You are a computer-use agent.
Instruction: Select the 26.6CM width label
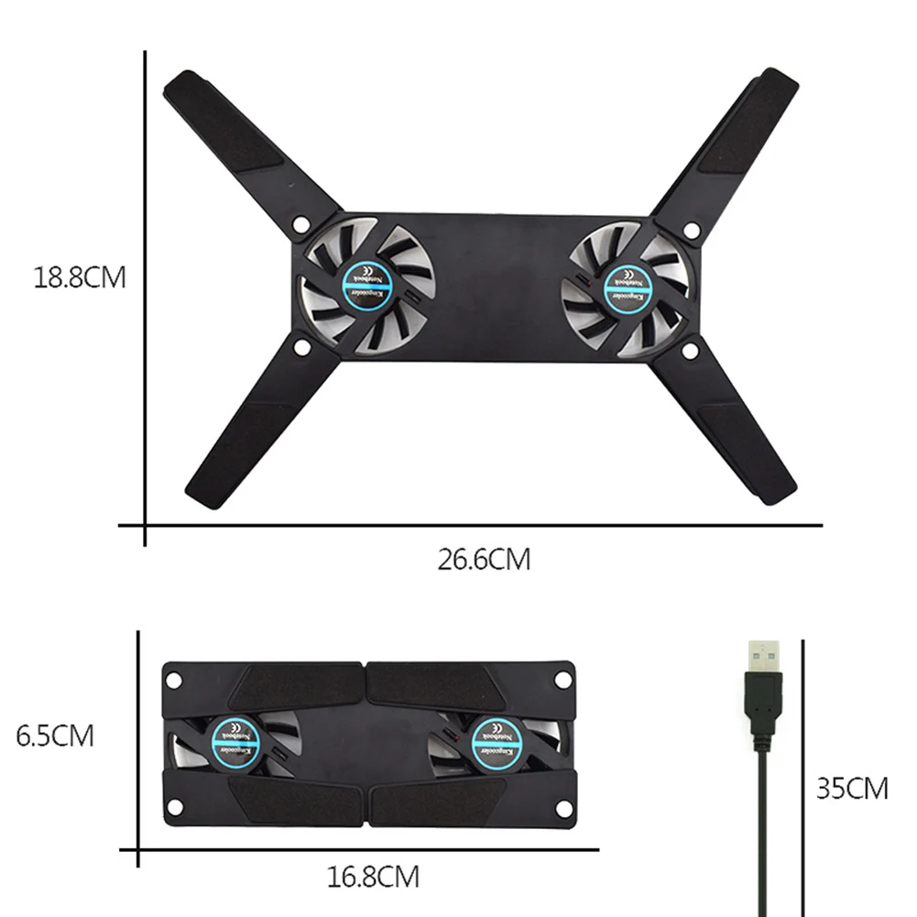(x=483, y=559)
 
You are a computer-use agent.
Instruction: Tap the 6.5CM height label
(x=55, y=736)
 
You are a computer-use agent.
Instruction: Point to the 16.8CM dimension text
(x=373, y=877)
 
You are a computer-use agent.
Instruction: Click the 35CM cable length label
(x=852, y=788)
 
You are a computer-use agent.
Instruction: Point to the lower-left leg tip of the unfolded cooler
(x=203, y=495)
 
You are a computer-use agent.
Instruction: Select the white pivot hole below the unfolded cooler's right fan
(x=691, y=348)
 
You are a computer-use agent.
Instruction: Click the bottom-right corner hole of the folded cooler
(x=562, y=811)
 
